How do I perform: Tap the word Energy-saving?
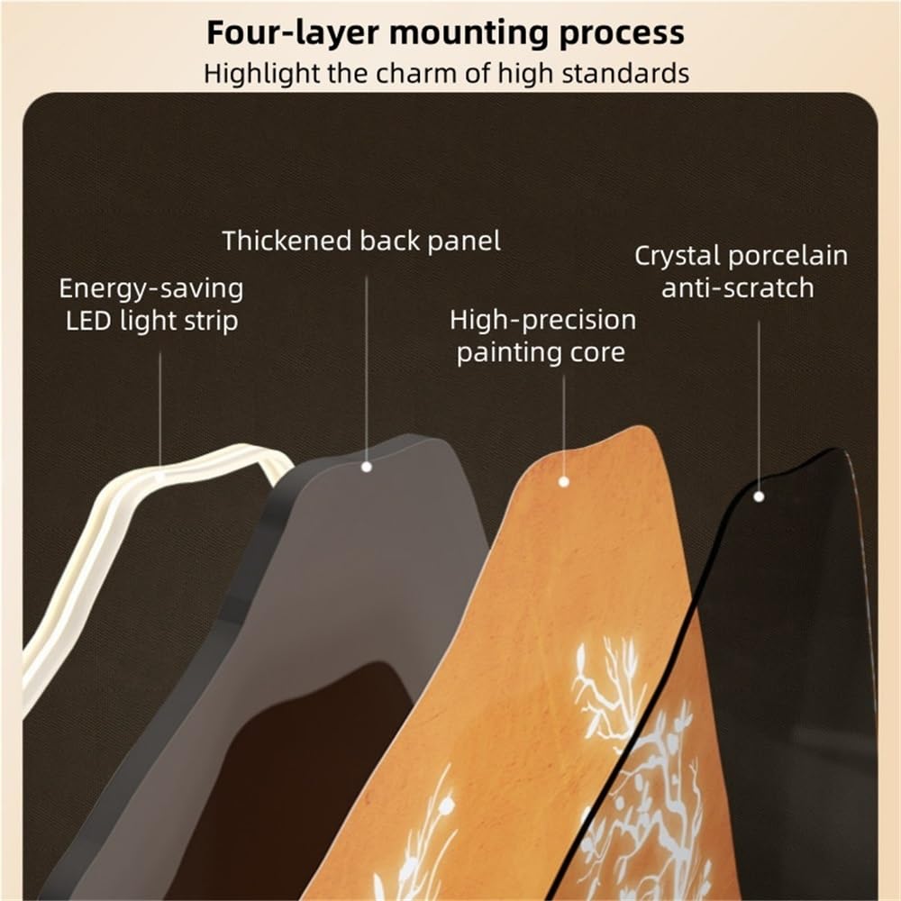(x=151, y=289)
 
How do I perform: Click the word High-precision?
(x=542, y=320)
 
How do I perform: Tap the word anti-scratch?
(x=737, y=288)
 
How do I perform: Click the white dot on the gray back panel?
(x=366, y=467)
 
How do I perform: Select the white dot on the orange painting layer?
(x=564, y=482)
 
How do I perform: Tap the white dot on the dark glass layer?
(x=759, y=496)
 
